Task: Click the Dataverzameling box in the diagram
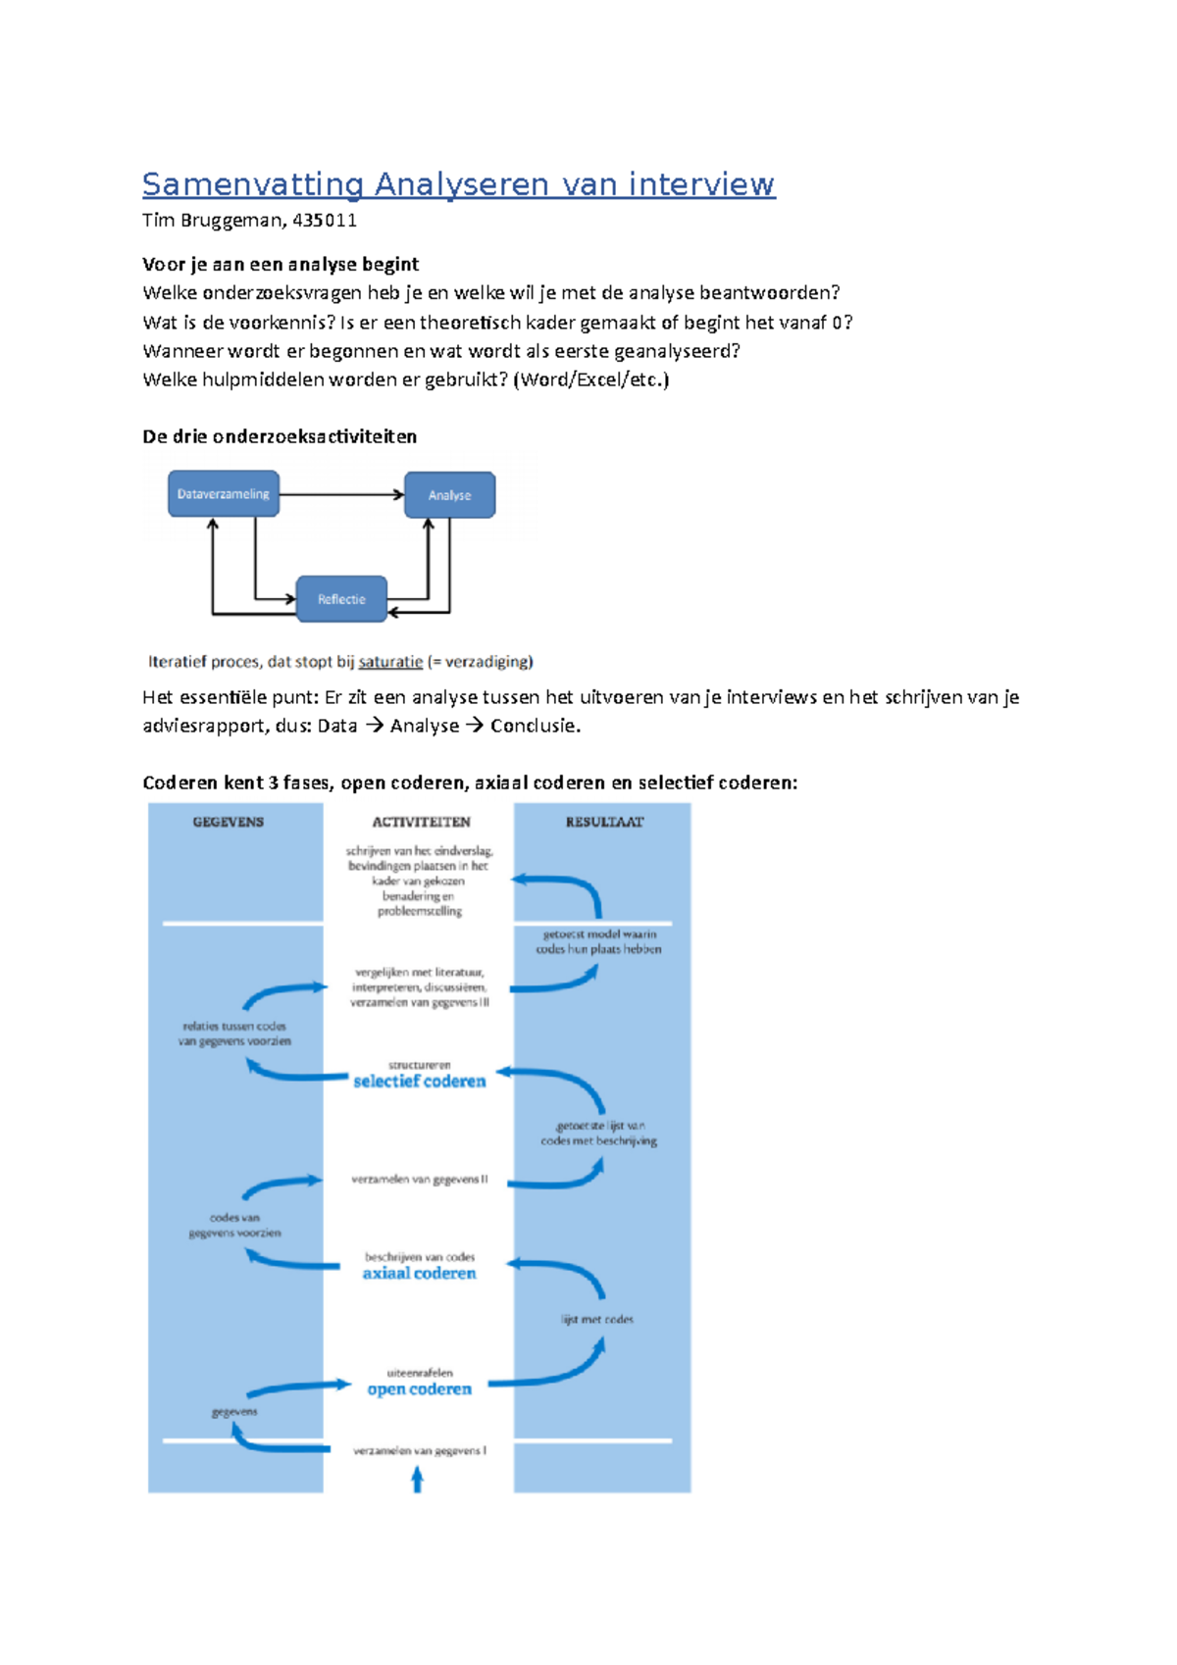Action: (x=224, y=494)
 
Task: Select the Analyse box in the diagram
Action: (x=449, y=495)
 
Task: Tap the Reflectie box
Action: (x=341, y=599)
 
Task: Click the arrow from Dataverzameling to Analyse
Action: (x=341, y=494)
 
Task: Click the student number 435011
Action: (x=325, y=220)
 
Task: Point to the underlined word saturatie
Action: (x=390, y=662)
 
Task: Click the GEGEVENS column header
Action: (x=229, y=822)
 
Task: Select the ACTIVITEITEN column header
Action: (x=421, y=822)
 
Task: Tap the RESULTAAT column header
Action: (x=604, y=822)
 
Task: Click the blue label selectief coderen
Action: (x=420, y=1082)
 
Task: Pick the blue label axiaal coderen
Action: (x=420, y=1274)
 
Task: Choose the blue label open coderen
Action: (x=420, y=1389)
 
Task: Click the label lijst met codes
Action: (x=597, y=1320)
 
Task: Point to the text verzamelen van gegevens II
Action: (x=420, y=1180)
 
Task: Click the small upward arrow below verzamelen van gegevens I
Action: (x=418, y=1479)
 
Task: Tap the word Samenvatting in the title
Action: (x=253, y=184)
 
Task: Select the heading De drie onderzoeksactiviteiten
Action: (x=280, y=436)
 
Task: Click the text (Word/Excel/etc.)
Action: (x=591, y=379)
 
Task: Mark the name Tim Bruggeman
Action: (x=213, y=220)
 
